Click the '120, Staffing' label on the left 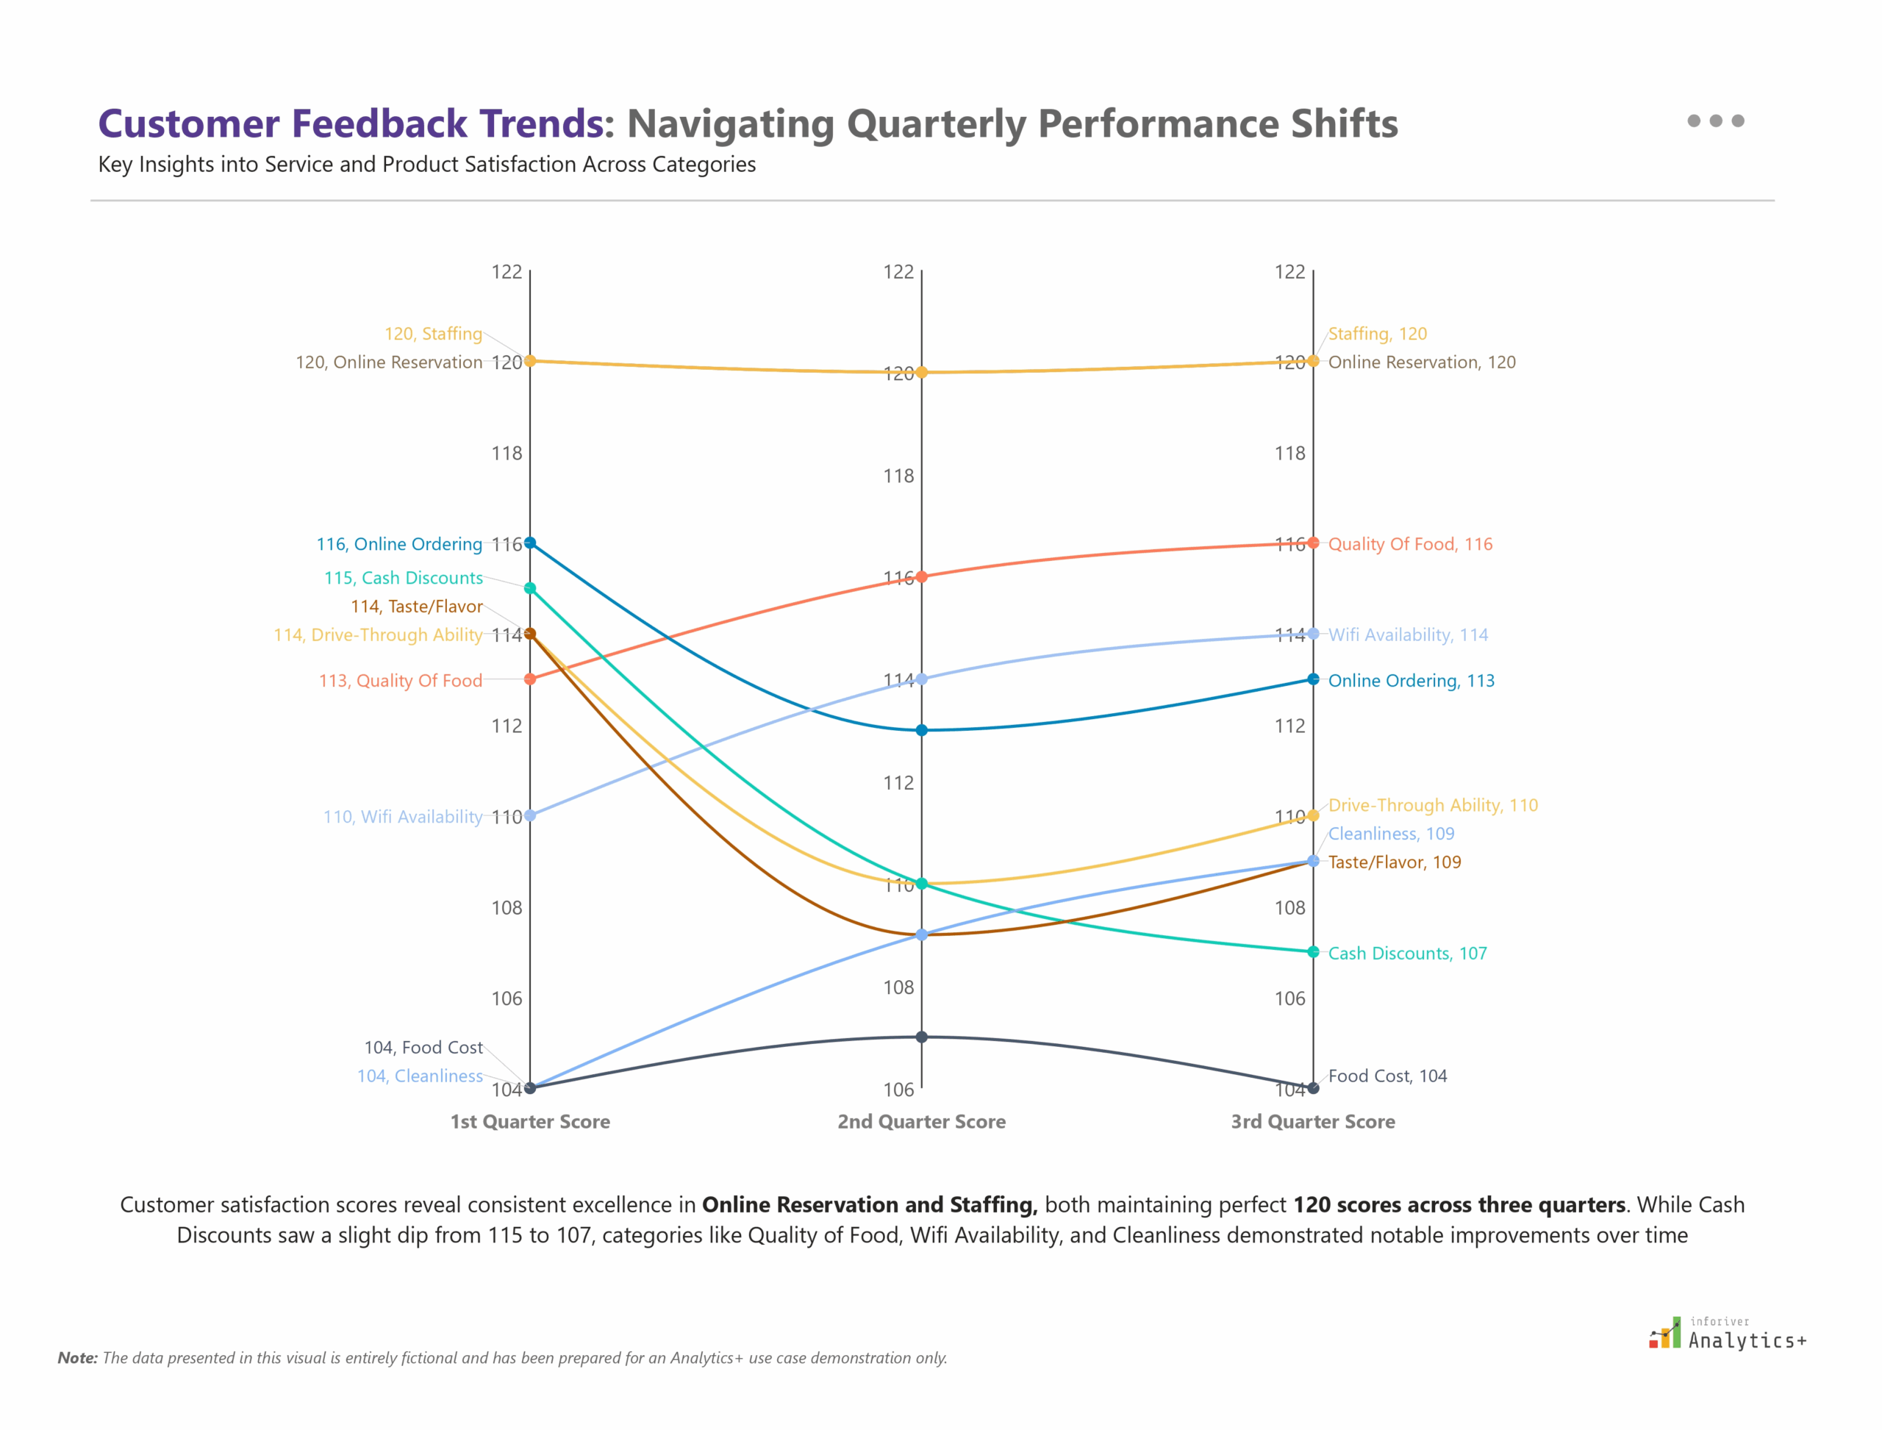(433, 334)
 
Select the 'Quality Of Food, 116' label (1409, 544)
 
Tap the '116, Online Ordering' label (399, 544)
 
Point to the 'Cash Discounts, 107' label (1407, 954)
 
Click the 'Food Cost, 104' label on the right (1387, 1076)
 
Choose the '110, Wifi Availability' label (403, 816)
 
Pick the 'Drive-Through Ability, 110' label (1433, 805)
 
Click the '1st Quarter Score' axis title (529, 1122)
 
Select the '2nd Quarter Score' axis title (921, 1122)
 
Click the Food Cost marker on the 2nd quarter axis (921, 1037)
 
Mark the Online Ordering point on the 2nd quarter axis (921, 730)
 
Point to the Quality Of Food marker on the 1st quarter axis (529, 679)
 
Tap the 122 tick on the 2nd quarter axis (898, 272)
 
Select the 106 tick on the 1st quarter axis (507, 998)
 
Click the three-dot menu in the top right (1715, 121)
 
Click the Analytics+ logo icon (1665, 1333)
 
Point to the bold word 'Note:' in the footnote (77, 1358)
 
